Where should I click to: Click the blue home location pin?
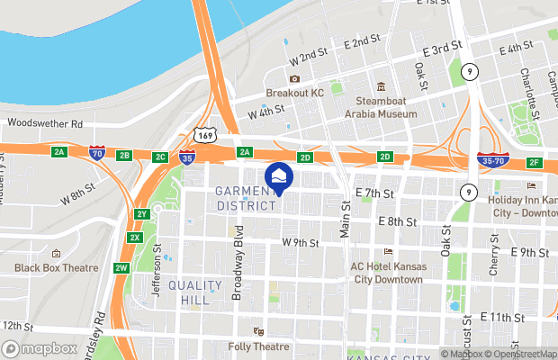tap(278, 178)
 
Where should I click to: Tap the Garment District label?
tap(245, 197)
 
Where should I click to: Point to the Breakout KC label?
tap(293, 93)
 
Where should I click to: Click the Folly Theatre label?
tap(284, 346)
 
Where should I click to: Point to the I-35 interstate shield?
tap(187, 157)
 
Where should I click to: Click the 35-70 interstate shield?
tap(492, 160)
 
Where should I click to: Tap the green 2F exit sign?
tap(535, 162)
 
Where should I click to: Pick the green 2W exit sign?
tap(121, 267)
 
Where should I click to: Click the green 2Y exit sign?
tap(141, 214)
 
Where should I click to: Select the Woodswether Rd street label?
tap(44, 123)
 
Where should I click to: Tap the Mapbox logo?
tap(40, 348)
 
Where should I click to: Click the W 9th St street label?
tap(301, 242)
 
